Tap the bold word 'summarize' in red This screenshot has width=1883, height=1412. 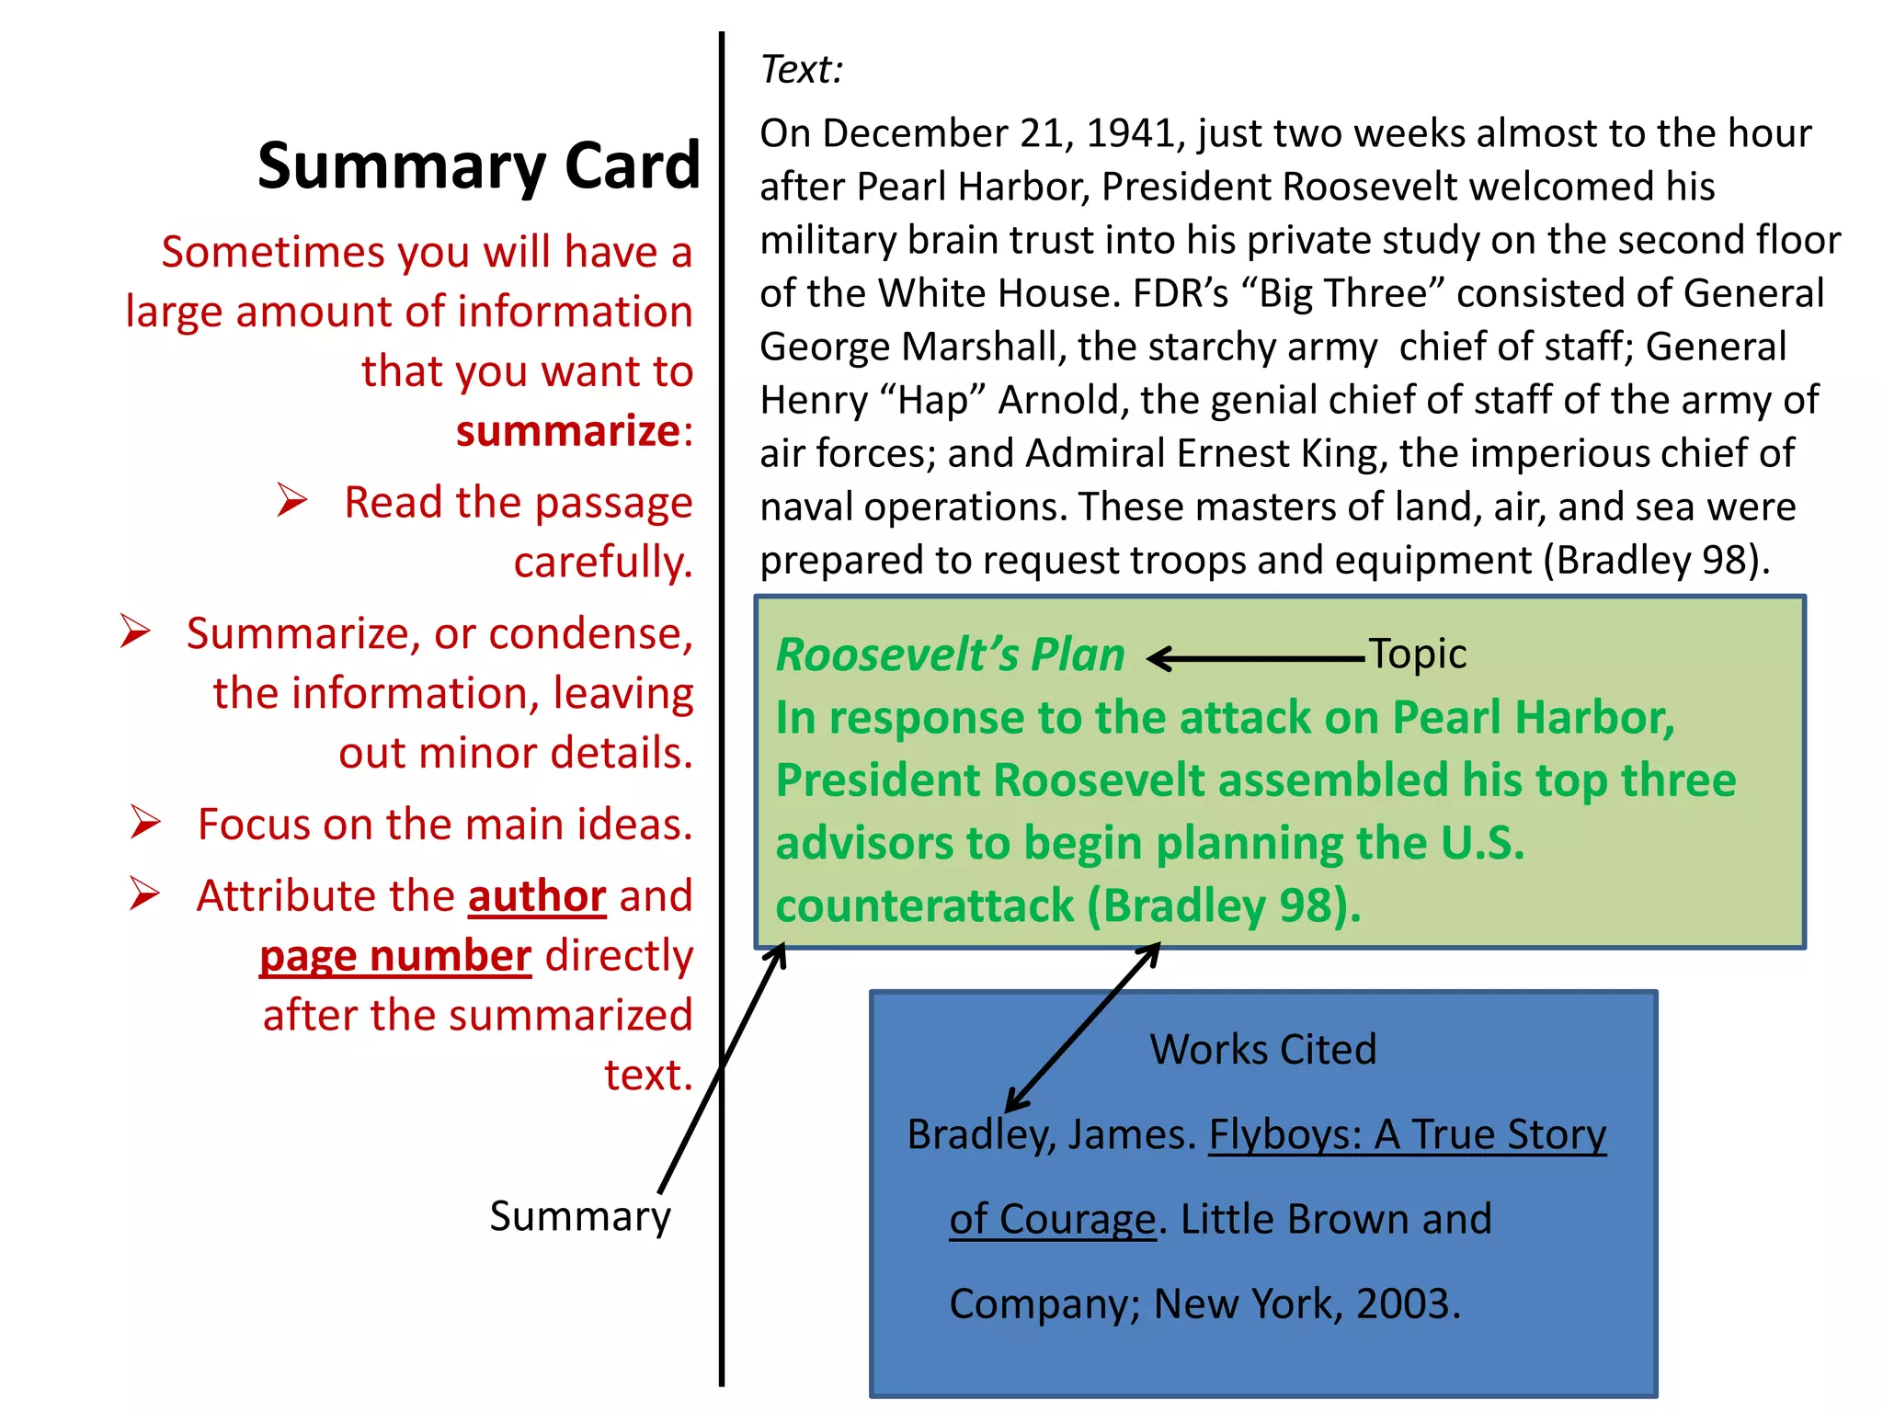tap(568, 431)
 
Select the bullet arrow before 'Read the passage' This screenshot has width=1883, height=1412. tap(292, 500)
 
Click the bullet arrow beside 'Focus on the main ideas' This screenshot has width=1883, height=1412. tap(145, 822)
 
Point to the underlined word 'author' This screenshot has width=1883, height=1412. tap(537, 896)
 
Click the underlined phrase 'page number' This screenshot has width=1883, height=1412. tap(395, 956)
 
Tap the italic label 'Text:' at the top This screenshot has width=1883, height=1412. tap(801, 70)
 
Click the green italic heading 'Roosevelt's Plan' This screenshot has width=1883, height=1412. tap(950, 655)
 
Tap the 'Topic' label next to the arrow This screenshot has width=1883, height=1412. tap(1417, 655)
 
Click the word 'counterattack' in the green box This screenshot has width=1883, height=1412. tap(924, 906)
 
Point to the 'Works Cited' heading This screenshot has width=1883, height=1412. tap(1263, 1050)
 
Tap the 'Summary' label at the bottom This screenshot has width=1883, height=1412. tap(579, 1217)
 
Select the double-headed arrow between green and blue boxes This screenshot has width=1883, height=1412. tap(1083, 1027)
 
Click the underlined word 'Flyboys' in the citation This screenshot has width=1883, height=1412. tap(1284, 1134)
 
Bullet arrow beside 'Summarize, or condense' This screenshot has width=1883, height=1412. tap(135, 632)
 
